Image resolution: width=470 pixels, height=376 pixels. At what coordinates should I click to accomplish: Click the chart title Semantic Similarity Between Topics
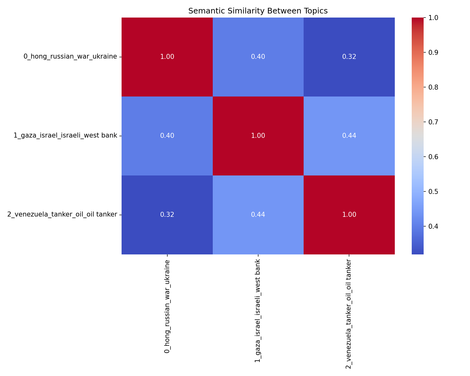pyautogui.click(x=258, y=11)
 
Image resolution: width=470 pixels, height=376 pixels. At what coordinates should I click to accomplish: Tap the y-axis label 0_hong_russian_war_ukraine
pyautogui.click(x=70, y=57)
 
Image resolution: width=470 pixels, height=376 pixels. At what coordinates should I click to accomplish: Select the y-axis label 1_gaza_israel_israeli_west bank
pyautogui.click(x=65, y=136)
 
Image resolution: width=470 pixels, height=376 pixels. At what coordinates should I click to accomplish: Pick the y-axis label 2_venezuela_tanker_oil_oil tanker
pyautogui.click(x=62, y=215)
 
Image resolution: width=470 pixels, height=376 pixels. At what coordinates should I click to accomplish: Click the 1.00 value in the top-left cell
pyautogui.click(x=167, y=57)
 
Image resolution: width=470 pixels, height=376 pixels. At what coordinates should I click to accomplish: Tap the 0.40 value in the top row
pyautogui.click(x=258, y=57)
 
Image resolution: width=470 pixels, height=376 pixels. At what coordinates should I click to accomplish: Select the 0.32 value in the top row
pyautogui.click(x=349, y=57)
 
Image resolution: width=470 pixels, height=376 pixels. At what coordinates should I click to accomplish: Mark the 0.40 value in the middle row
pyautogui.click(x=167, y=136)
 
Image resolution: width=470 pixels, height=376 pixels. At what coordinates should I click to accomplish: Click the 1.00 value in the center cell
pyautogui.click(x=258, y=136)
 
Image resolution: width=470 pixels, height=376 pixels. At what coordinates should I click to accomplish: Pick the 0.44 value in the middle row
pyautogui.click(x=349, y=136)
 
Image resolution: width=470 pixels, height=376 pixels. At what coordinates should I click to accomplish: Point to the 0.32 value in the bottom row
pyautogui.click(x=167, y=215)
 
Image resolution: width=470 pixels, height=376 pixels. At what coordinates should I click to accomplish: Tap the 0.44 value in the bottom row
pyautogui.click(x=258, y=215)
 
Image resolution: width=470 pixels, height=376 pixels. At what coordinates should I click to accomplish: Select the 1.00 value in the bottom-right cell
pyautogui.click(x=349, y=215)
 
